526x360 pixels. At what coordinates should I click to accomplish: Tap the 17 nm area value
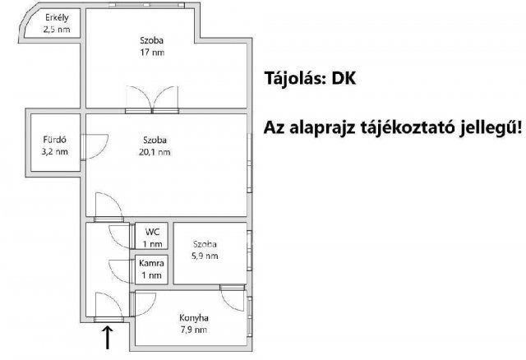[151, 53]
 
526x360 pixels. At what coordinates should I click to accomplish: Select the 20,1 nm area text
[153, 152]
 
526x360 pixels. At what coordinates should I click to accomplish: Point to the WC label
[152, 232]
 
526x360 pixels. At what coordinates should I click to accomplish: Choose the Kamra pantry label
[152, 262]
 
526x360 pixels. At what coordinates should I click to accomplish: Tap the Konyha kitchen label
[194, 318]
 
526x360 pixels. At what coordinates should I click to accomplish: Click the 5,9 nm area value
[205, 256]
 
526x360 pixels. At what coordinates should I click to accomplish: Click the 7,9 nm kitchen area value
[194, 330]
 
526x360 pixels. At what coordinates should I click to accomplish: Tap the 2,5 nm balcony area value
[57, 30]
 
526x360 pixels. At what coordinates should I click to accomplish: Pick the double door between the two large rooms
[151, 99]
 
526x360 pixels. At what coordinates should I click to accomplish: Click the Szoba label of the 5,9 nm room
[205, 244]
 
